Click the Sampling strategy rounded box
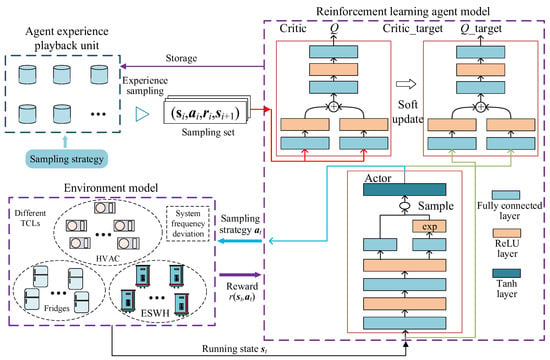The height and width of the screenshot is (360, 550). coord(67,159)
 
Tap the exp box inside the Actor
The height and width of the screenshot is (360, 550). coord(429,226)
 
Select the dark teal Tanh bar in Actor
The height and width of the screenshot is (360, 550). coord(404,190)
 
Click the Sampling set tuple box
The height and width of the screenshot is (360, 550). coord(205,113)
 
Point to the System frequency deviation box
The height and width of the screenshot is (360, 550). coord(188,224)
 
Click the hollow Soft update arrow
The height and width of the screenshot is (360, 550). coord(406,84)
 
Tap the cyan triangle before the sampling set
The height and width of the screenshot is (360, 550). coord(142,114)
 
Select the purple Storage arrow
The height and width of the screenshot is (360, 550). coord(192,66)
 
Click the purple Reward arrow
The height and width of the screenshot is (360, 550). coord(240,275)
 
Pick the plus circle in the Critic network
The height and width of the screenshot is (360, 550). coord(334,106)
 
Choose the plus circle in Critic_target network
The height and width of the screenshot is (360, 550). coord(481,106)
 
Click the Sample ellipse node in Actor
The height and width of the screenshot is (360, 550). coord(405,206)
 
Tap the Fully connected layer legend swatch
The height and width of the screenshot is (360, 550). coord(506,195)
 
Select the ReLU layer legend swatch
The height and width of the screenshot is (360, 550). coord(507,233)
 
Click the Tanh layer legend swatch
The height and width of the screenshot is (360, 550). coord(507,273)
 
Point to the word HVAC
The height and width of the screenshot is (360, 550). coord(108,259)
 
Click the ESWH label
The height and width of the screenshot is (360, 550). coord(155,313)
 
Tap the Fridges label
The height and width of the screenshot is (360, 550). coord(57,308)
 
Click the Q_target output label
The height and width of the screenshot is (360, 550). coord(481,29)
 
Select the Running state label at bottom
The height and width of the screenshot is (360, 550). coord(234,349)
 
